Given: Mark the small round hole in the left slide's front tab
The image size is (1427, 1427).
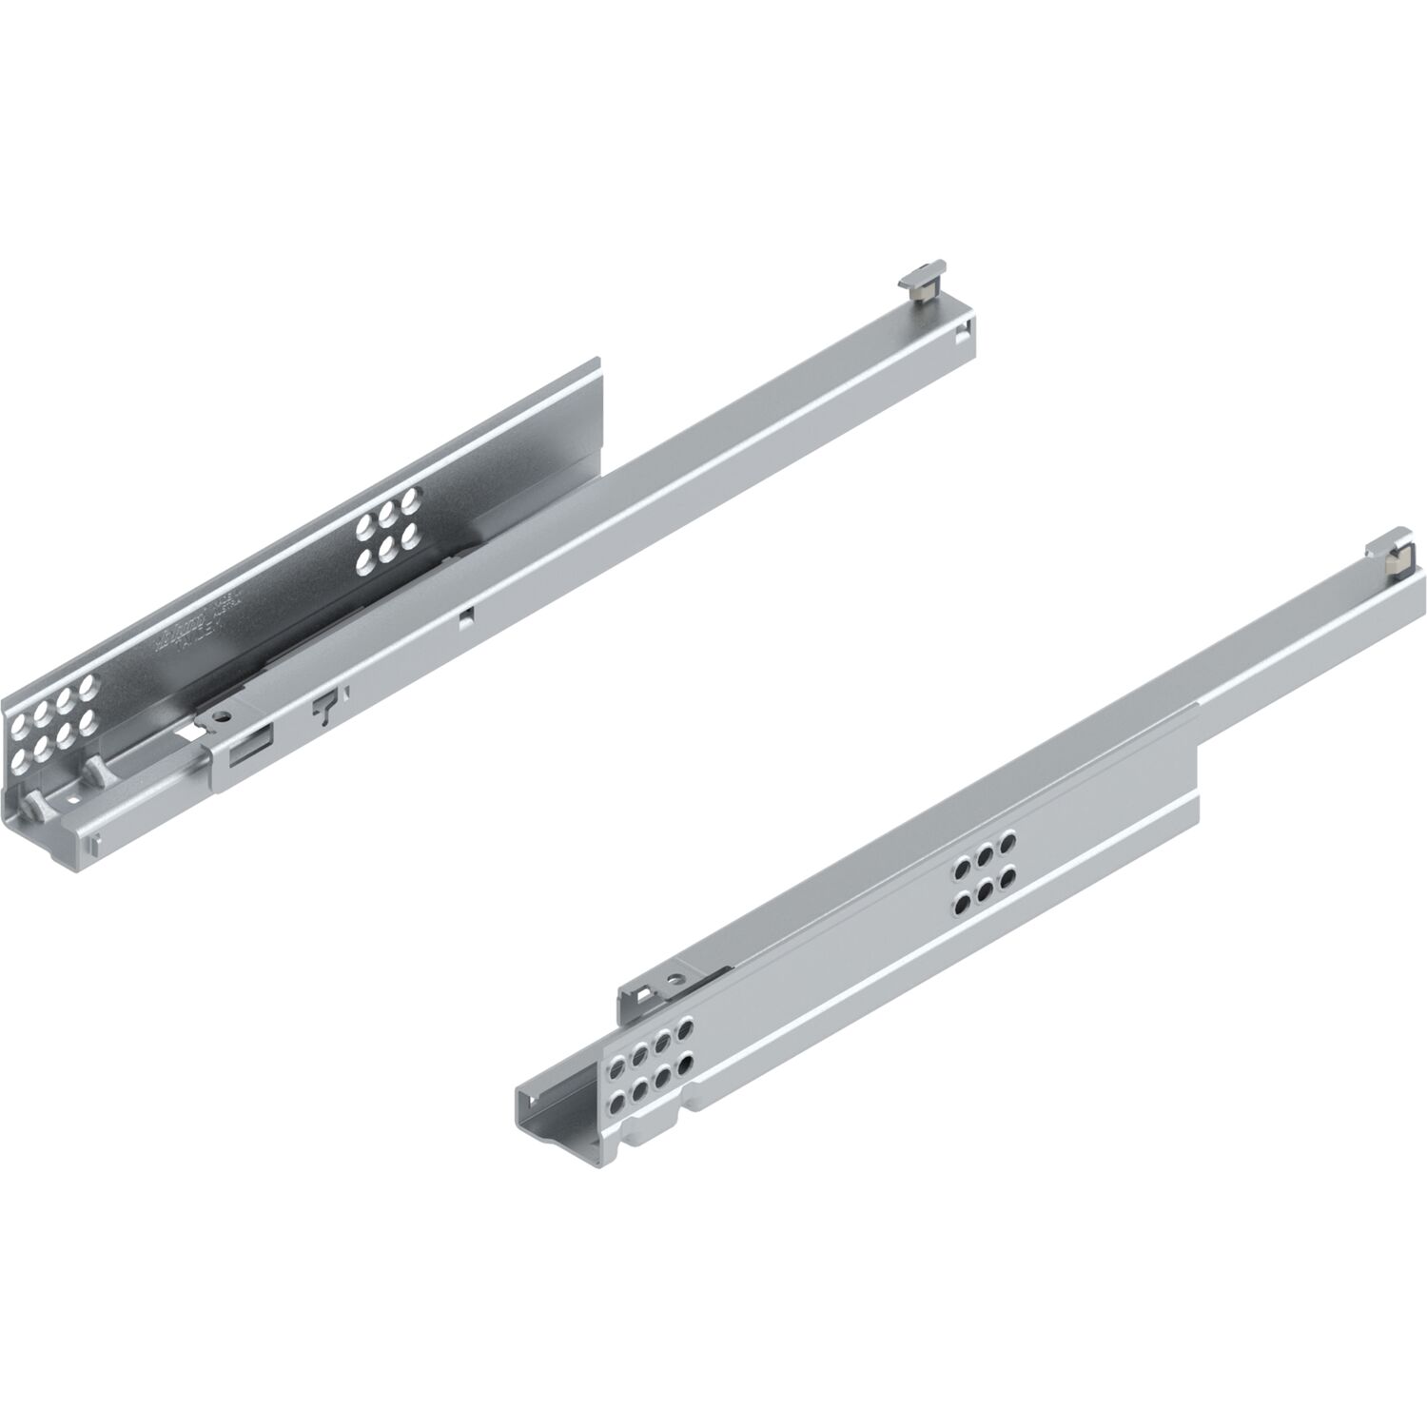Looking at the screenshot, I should click(223, 716).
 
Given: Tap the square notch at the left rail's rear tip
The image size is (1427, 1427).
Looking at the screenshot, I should click(964, 333).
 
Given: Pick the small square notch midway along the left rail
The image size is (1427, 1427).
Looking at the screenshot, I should click(465, 616).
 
